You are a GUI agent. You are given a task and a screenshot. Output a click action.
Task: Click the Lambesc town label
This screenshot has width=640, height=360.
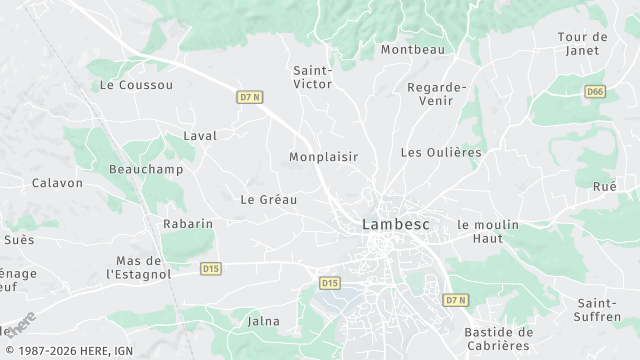coord(395,225)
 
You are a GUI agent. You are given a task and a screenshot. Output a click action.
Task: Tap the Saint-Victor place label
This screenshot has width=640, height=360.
coord(312,77)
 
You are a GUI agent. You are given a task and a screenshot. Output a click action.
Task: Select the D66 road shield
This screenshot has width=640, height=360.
coord(595,91)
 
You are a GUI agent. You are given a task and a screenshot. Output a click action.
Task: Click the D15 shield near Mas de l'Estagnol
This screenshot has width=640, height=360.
coord(210,268)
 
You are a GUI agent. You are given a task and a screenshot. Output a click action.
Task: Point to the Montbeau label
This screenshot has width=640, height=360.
coord(412,49)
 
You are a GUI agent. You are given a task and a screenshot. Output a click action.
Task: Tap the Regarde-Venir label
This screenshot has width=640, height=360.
coord(437,94)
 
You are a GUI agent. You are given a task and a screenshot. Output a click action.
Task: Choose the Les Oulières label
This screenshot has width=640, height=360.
coord(440,153)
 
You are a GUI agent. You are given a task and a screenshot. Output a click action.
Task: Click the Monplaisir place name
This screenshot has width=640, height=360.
coord(323,157)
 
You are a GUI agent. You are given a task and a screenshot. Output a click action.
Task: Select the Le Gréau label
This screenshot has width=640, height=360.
coord(269,199)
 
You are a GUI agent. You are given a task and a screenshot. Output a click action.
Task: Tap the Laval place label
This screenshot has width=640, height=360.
coord(200,136)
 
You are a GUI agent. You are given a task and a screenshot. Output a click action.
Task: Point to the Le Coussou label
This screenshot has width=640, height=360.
coord(136,86)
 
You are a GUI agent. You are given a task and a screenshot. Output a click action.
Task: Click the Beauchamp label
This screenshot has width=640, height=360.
coord(138,170)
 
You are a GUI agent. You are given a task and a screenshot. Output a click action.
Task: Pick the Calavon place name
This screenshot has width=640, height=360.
coord(57,183)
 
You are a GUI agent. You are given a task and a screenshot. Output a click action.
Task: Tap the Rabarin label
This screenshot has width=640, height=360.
coord(188,224)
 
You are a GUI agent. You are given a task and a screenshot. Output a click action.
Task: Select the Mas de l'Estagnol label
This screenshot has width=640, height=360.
coord(138,267)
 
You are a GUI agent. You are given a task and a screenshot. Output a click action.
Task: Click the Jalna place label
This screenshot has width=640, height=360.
coord(263,321)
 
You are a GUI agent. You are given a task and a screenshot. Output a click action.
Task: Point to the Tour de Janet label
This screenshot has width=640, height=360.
coord(582,44)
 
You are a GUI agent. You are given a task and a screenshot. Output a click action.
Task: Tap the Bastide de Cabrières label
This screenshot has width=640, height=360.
coord(499,339)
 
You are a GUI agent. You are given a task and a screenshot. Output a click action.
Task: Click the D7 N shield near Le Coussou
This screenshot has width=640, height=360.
coord(250,97)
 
